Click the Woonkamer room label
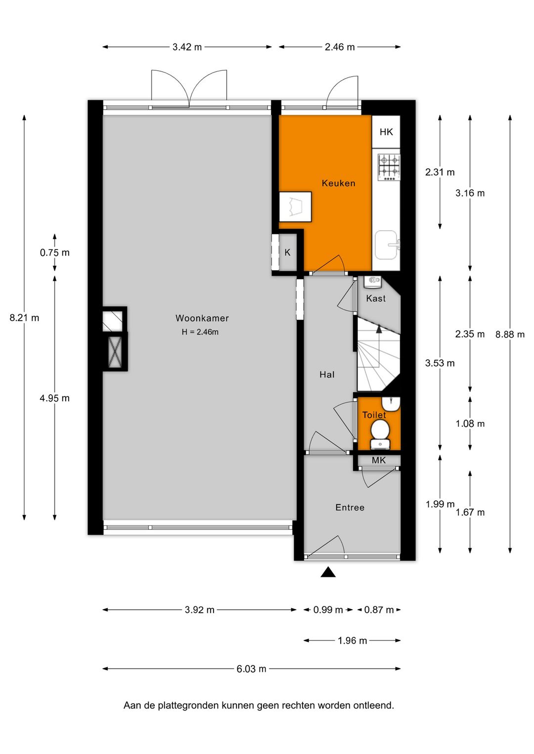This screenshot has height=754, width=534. pos(202,318)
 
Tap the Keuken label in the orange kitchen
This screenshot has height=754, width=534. pos(338,183)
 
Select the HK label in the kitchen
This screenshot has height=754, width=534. pos(386,132)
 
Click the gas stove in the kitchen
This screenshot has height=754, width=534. pos(389,167)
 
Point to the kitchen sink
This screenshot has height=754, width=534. pos(386,245)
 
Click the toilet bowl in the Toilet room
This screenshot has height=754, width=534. pos(380,430)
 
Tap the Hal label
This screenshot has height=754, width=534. pos(327,375)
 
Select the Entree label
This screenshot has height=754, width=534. pos(350,507)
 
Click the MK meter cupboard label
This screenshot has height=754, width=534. pos(379,461)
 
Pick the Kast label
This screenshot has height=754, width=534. pos(376,298)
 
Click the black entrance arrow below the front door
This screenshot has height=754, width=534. pos(328,572)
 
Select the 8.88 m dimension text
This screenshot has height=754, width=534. pos(510,335)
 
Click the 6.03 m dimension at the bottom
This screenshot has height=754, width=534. pos(251,669)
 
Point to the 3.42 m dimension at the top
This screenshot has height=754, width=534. pos(187,47)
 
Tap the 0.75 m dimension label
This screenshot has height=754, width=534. pos(54,253)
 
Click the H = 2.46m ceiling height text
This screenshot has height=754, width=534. pos(200,332)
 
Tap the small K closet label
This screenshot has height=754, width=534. pos(287,252)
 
